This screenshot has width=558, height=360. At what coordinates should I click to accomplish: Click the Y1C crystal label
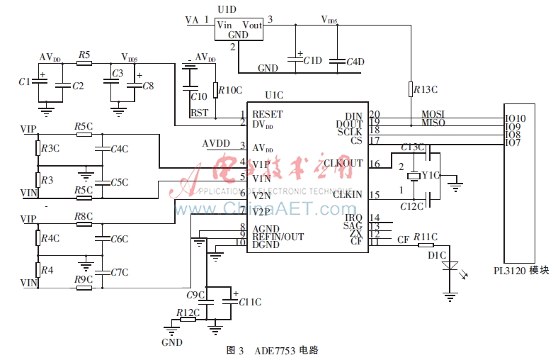pyautogui.click(x=431, y=175)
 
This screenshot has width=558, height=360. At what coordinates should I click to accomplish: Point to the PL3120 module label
pyautogui.click(x=521, y=270)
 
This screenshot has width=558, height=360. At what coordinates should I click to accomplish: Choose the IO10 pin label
pyautogui.click(x=515, y=118)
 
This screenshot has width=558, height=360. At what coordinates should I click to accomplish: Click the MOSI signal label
pyautogui.click(x=433, y=113)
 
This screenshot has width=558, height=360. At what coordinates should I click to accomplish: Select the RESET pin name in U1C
pyautogui.click(x=267, y=114)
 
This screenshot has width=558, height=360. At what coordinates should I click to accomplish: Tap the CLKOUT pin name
pyautogui.click(x=343, y=163)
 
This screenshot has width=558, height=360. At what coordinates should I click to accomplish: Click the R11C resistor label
pyautogui.click(x=426, y=236)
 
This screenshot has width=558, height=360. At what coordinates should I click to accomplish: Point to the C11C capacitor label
pyautogui.click(x=250, y=302)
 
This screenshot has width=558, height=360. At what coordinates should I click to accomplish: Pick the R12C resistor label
pyautogui.click(x=188, y=312)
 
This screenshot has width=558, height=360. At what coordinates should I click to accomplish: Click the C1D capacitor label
pyautogui.click(x=312, y=61)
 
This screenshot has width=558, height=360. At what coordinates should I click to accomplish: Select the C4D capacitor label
pyautogui.click(x=355, y=62)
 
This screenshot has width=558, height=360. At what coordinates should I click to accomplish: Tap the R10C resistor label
pyautogui.click(x=229, y=90)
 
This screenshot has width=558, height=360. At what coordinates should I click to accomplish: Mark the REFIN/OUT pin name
pyautogui.click(x=278, y=236)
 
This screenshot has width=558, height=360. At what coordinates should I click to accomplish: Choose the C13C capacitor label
pyautogui.click(x=411, y=147)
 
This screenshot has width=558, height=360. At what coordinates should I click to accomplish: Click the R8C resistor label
pyautogui.click(x=84, y=215)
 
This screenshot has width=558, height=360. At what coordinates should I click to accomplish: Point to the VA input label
pyautogui.click(x=192, y=21)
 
